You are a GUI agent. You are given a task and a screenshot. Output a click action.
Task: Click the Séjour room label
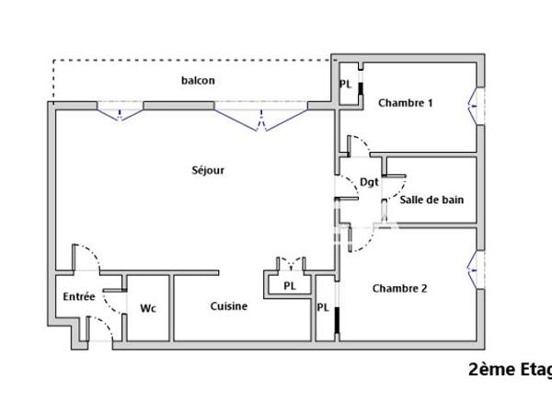208,169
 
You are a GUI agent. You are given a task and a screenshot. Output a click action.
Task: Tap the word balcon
198,80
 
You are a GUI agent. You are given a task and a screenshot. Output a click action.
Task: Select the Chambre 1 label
406,103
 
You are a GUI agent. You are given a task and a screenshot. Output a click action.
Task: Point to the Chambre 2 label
399,288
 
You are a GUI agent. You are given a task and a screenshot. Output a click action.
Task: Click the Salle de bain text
431,199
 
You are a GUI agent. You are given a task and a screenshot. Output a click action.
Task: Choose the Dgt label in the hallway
369,181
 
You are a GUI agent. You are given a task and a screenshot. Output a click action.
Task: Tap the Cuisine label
228,306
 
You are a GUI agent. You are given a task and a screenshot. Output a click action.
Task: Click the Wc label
147,307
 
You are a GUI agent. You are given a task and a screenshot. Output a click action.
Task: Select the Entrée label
78,296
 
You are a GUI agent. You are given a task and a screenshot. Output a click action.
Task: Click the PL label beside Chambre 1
346,84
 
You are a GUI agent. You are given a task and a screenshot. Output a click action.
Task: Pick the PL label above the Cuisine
290,286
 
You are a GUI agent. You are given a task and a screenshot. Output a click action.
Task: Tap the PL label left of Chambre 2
324,307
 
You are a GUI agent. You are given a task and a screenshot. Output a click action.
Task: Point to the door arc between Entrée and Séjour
88,259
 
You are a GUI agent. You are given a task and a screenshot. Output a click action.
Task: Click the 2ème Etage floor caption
510,370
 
